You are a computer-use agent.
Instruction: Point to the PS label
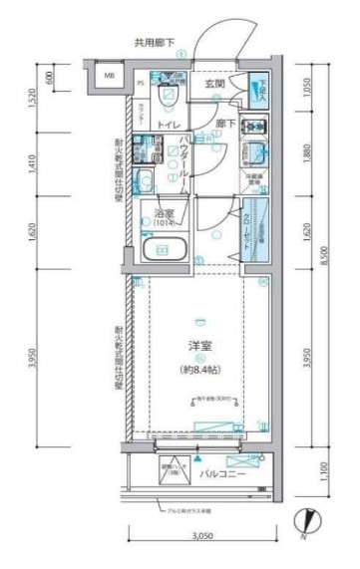point(140,83)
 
